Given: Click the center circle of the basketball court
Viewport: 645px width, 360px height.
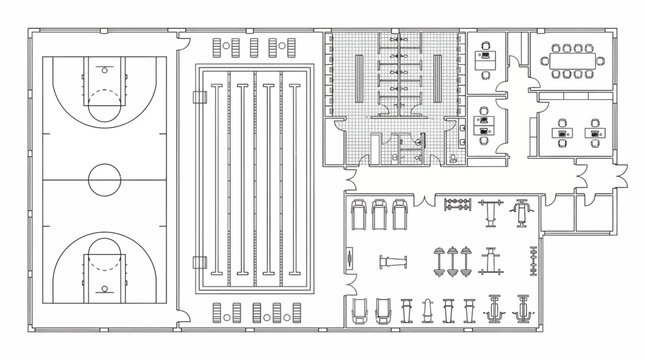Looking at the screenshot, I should (103, 181).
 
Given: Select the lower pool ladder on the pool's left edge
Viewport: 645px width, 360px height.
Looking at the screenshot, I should (197, 261).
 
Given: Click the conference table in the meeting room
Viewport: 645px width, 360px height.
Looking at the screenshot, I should (573, 60).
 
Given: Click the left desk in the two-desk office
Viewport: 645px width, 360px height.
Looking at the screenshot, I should (563, 131).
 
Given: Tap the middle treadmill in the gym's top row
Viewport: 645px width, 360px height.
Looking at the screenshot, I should (379, 214).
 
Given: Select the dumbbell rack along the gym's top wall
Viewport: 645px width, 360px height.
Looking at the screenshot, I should (457, 207).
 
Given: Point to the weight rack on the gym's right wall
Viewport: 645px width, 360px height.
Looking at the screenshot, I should (533, 264).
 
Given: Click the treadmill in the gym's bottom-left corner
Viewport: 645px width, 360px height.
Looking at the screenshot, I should (358, 311).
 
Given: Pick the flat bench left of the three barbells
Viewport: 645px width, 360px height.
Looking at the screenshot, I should (393, 262).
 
